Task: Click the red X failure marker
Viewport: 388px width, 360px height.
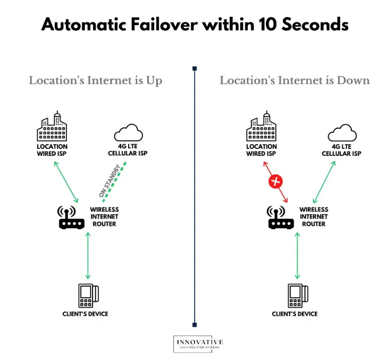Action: click(275, 181)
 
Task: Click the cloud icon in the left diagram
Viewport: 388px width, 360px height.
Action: click(128, 131)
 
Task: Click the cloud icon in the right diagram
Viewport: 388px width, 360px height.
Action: click(341, 131)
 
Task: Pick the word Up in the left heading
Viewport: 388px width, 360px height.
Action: click(154, 81)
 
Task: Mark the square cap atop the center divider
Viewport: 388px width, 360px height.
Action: click(195, 69)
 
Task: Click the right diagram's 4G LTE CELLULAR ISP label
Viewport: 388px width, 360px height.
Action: click(341, 150)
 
